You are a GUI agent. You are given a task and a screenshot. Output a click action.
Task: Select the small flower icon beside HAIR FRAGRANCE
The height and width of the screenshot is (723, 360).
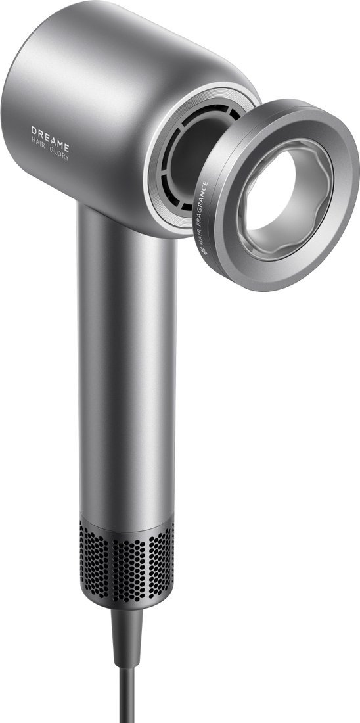click(204, 251)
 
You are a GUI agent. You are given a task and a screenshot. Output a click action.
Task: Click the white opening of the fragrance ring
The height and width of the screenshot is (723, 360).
click(269, 191)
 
